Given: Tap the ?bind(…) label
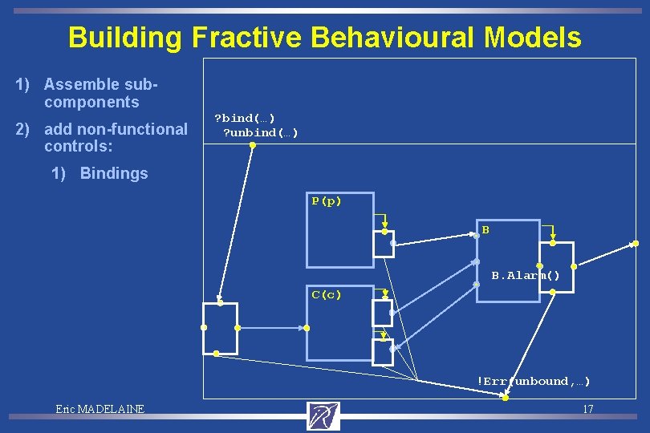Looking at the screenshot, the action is click(245, 118).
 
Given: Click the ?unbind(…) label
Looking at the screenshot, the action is click(260, 132).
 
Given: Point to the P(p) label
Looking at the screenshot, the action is click(327, 201).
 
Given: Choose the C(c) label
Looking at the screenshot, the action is click(327, 294).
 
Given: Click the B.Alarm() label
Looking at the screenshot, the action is click(526, 275).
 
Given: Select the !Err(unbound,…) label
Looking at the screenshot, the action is click(534, 381).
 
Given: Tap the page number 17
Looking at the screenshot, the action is click(587, 409).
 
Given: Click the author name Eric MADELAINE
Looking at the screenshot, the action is click(100, 409).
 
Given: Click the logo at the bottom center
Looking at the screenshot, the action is click(323, 415).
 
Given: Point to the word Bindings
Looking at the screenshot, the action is click(114, 173).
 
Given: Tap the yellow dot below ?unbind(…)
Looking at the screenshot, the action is click(252, 145).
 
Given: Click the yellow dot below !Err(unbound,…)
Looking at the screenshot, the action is click(505, 398).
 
